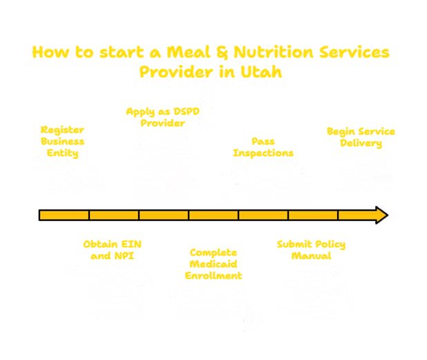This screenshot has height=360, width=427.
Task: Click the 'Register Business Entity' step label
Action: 62,142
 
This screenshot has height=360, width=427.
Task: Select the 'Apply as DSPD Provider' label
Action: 162,117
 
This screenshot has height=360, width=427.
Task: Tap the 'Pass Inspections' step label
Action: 263,147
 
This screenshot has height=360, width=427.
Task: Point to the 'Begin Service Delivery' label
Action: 361,138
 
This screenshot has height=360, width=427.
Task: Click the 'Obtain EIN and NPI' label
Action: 112,249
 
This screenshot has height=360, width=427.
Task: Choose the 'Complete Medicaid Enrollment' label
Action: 213,264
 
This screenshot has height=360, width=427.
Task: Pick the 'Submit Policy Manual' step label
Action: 311,249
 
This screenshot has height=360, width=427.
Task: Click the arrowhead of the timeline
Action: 381,215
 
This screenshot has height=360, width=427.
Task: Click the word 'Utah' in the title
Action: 261,72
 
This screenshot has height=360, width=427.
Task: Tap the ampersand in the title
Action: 222,52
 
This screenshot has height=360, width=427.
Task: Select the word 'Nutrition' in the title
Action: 274,52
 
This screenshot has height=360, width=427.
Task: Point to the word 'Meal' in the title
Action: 189,52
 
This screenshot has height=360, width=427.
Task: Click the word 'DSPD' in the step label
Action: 187,111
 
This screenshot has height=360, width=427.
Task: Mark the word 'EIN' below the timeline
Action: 131,245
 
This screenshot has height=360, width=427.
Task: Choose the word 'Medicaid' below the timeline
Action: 213,264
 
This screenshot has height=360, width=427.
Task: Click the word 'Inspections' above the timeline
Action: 263,153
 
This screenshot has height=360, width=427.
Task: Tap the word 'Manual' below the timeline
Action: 311,256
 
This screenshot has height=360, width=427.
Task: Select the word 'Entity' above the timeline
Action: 62,153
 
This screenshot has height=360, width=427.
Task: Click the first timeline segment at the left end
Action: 64,215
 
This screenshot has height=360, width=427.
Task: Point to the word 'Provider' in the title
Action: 176,72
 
